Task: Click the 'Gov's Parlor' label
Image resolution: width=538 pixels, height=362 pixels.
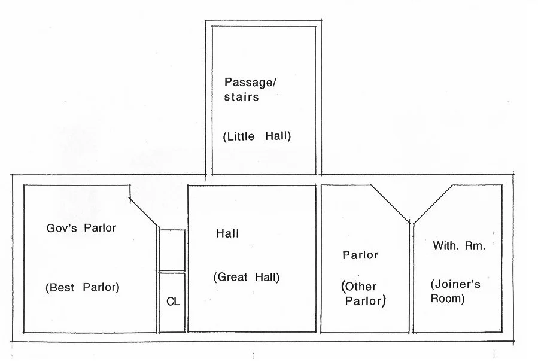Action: point(81,228)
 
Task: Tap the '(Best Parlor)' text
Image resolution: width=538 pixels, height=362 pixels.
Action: point(83,287)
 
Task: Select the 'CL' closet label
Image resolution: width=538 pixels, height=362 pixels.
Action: point(173,302)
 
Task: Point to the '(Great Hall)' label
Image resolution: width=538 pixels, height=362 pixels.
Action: point(247,277)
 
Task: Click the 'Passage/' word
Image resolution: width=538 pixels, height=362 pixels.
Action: point(250,83)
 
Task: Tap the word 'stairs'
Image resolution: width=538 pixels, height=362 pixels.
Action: point(242,97)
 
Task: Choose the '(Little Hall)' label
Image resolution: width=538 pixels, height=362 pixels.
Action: point(257,136)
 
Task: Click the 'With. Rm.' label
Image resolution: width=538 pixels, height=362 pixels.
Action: point(459,245)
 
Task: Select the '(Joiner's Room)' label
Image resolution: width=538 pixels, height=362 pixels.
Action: point(455,291)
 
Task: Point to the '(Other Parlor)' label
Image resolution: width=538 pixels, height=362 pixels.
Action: point(364,294)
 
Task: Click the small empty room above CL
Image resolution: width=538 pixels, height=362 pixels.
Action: point(172,250)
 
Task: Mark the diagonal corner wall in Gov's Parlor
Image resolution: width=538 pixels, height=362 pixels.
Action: point(144,212)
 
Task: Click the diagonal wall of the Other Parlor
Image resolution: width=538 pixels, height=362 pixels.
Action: point(390,204)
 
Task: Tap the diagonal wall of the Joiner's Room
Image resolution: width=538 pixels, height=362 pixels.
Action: point(433,204)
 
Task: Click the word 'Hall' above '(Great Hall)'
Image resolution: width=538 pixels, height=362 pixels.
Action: point(227,234)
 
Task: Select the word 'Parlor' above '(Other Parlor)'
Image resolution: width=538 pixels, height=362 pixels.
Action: point(360,255)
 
